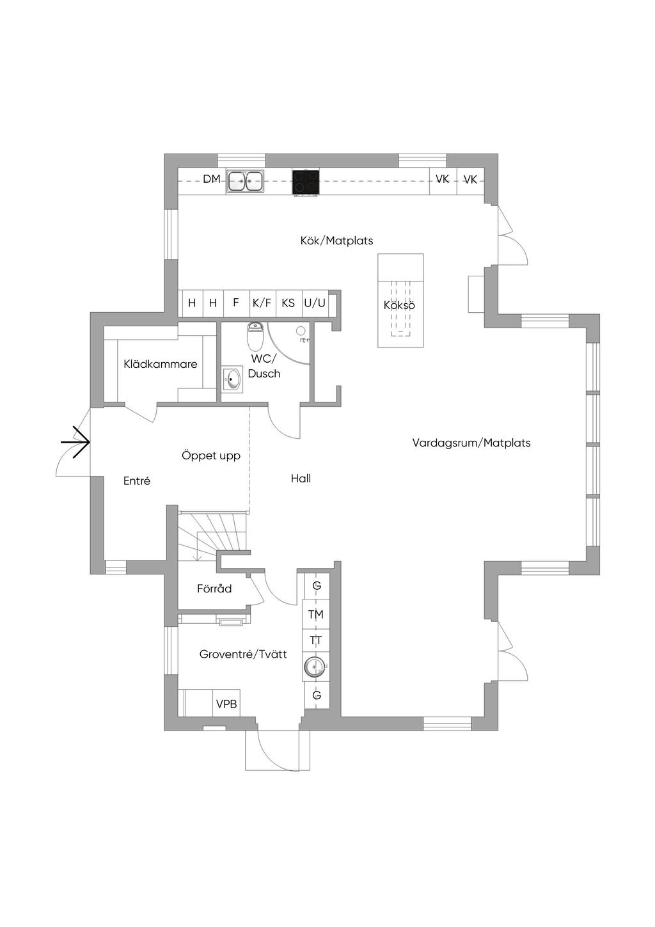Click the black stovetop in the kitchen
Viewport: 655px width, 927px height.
pos(306,182)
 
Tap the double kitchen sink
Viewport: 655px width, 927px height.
pos(244,181)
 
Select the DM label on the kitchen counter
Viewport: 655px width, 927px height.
pos(212,179)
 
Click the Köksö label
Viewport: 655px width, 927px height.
pos(399,305)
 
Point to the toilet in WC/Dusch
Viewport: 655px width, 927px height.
pos(255,336)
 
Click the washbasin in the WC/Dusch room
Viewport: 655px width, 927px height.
pos(232,379)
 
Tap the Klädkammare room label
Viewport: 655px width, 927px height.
pos(161,364)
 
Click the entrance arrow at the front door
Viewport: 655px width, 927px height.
pos(75,442)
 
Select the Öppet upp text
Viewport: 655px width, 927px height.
pos(211,456)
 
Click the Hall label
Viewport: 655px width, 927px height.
pos(301,479)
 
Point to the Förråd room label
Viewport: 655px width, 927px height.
pos(214,588)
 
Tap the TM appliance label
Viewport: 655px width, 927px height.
pos(316,615)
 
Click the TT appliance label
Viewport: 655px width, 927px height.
pos(316,640)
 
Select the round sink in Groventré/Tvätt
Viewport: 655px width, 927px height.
pos(316,667)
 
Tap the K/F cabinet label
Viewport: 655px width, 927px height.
pos(262,303)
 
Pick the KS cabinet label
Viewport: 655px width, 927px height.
pos(288,303)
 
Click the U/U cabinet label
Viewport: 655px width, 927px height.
pos(315,303)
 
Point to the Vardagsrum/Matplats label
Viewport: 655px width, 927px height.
pos(471,443)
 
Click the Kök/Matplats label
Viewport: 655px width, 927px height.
pos(337,241)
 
